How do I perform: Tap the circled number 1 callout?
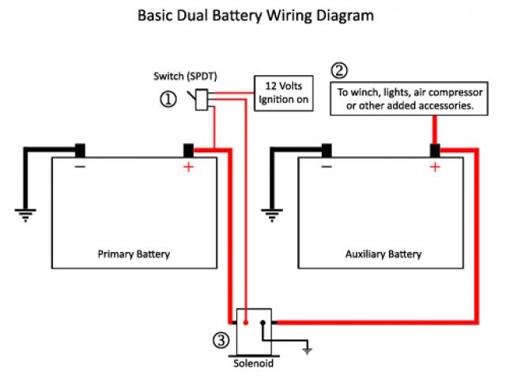tap(168, 99)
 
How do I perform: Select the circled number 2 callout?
tap(338, 71)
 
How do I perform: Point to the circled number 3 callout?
tap(221, 341)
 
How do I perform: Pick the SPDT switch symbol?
tap(202, 97)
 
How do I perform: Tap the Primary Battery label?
tap(134, 254)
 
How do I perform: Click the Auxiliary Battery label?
tap(383, 254)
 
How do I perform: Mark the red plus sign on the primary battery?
tap(188, 167)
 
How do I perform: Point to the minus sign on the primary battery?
tap(80, 167)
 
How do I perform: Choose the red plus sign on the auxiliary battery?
tap(434, 167)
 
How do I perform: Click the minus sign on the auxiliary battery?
tap(326, 167)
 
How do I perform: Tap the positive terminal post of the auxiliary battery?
tap(434, 149)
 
